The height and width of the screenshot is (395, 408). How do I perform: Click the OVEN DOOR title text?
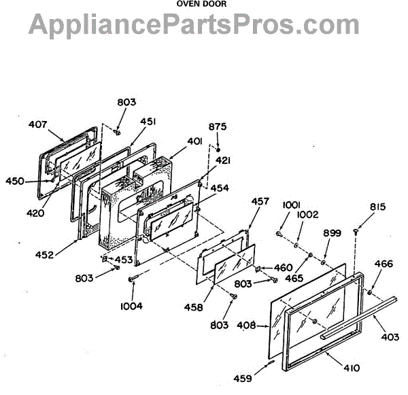(202, 3)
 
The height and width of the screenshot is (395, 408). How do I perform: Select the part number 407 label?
(38, 124)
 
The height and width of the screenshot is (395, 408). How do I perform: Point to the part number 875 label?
(218, 127)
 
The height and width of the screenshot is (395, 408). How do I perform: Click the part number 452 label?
(46, 256)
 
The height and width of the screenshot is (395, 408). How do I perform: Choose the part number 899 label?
(331, 233)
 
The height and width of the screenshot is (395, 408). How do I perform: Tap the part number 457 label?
(260, 202)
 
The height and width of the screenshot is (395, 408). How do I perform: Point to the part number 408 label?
(247, 326)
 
